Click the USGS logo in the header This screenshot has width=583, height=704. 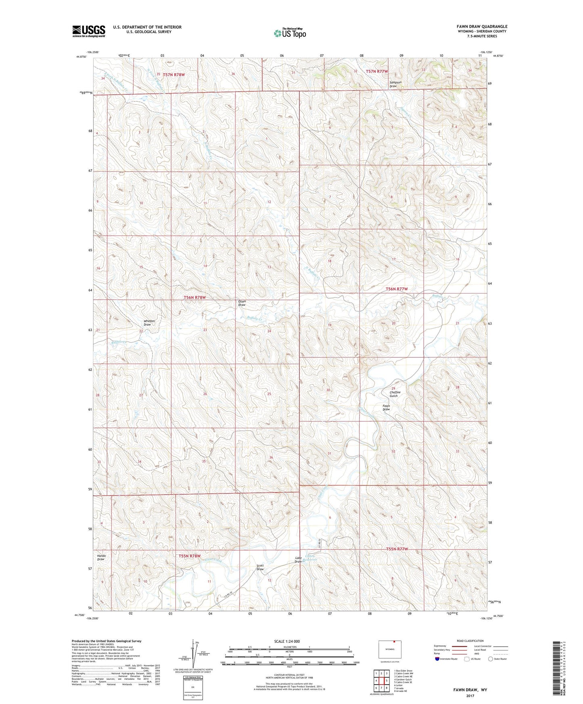click(x=88, y=31)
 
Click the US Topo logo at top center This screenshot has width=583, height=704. click(x=290, y=33)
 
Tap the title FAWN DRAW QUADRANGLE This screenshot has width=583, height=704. click(x=476, y=26)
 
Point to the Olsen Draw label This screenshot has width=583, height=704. click(x=242, y=303)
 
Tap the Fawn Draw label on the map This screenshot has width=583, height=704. click(x=386, y=408)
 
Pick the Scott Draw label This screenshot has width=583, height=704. click(x=260, y=567)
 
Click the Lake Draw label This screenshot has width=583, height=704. click(x=298, y=560)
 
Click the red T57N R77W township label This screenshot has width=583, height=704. click(x=376, y=71)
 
